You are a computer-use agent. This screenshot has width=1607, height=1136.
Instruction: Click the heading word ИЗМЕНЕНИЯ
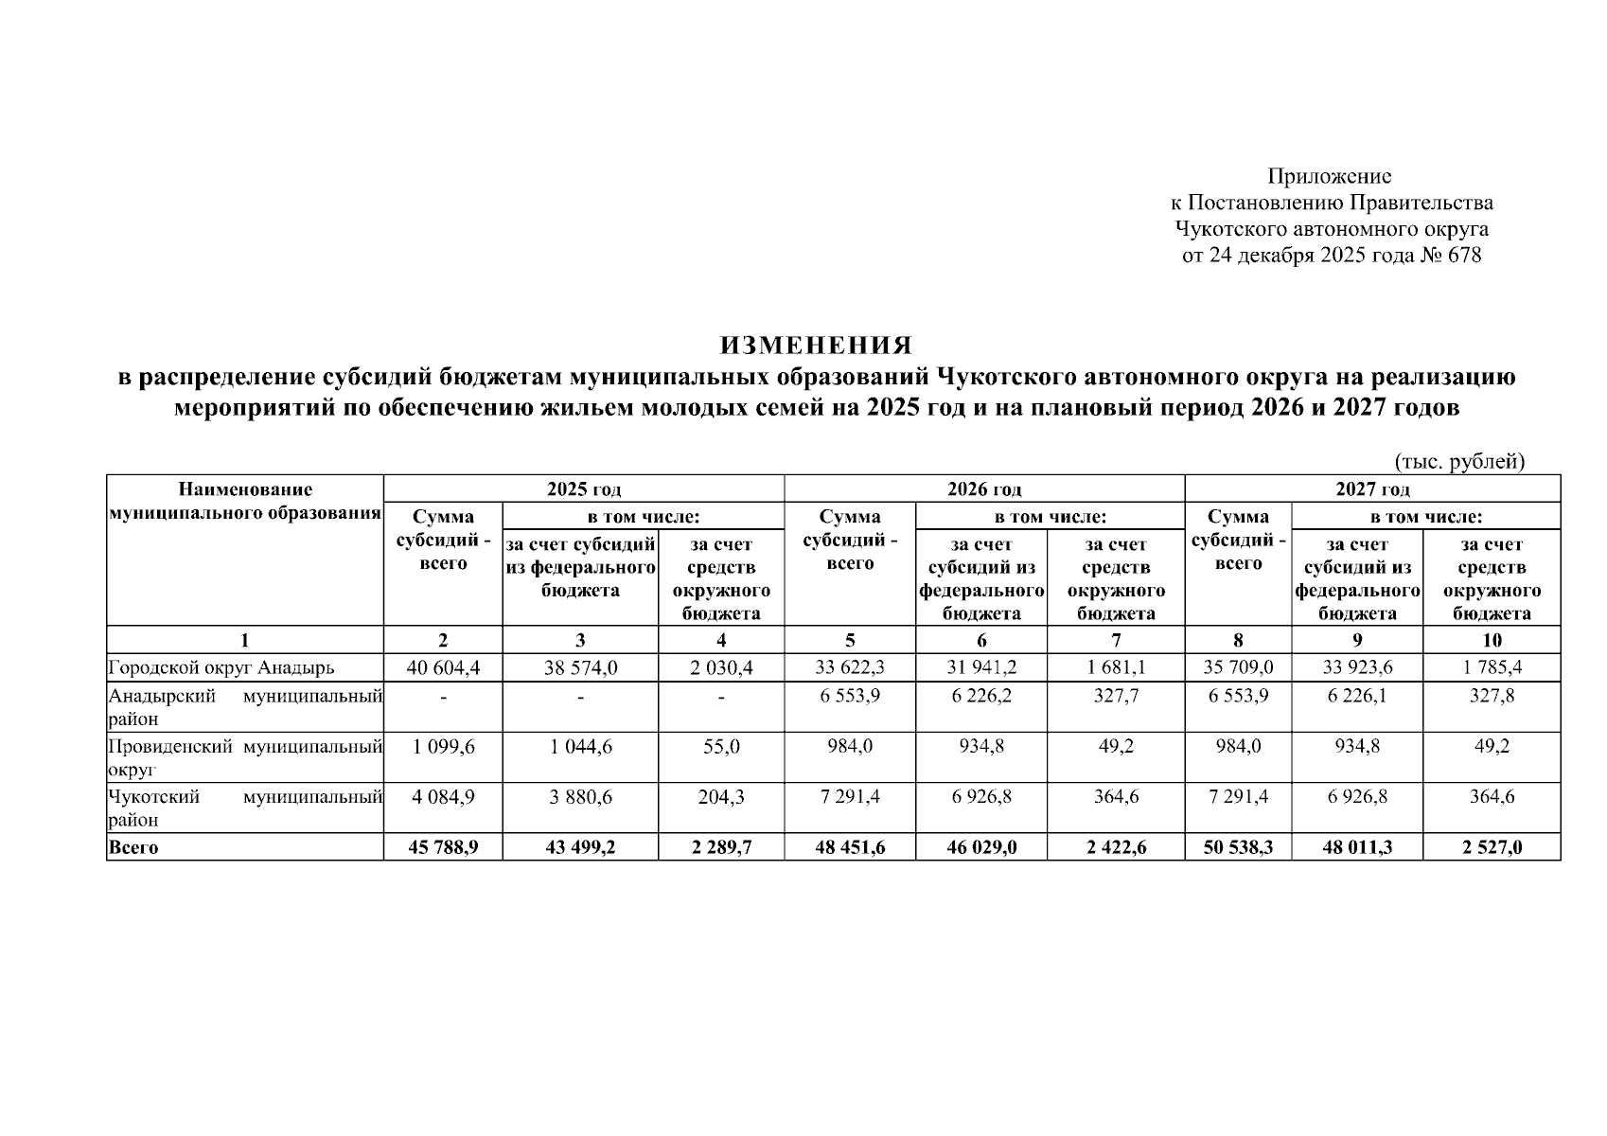(x=816, y=345)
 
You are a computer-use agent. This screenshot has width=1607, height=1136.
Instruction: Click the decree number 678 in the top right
(x=1464, y=256)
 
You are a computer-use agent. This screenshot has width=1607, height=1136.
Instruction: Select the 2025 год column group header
(x=584, y=489)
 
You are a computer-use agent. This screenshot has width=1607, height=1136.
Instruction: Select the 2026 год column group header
(x=984, y=489)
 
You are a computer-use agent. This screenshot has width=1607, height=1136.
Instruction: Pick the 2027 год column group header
(x=1371, y=489)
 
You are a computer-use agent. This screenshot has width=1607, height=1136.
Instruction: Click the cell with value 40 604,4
(x=443, y=667)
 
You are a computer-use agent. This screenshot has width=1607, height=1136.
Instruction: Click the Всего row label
(x=133, y=847)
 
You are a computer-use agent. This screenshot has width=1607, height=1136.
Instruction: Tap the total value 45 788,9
(x=443, y=847)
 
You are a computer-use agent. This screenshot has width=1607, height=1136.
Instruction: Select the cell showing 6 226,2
(x=981, y=696)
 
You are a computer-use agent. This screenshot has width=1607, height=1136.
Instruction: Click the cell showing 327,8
(x=1492, y=696)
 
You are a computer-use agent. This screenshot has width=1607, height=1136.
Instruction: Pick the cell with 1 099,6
(x=443, y=747)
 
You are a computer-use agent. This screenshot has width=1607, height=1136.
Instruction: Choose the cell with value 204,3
(x=721, y=797)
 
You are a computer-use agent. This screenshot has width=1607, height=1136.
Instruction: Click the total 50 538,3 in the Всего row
(x=1238, y=847)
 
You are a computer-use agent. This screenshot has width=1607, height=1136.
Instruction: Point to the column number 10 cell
(x=1492, y=640)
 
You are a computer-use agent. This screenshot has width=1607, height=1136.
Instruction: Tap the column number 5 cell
(x=850, y=640)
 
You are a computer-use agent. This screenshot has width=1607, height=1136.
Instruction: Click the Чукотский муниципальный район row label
(x=245, y=808)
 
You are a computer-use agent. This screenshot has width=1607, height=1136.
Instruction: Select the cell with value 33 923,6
(x=1357, y=667)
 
